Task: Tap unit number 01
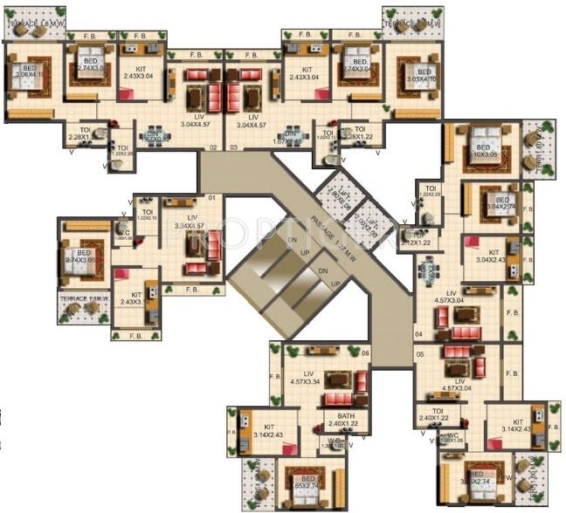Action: coord(211,199)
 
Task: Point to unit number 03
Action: coord(234,148)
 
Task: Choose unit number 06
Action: coord(364,352)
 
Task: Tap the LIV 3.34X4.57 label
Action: coord(191,222)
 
